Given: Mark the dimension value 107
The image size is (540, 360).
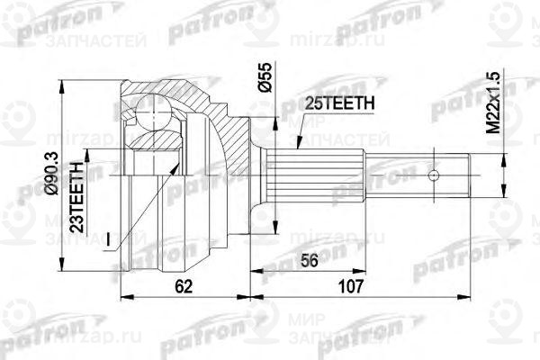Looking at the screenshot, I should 350,287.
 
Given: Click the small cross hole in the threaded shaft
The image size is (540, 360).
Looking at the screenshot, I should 433,175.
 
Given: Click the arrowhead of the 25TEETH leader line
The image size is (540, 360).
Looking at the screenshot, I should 298,148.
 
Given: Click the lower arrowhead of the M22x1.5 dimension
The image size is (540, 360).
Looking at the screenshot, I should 493,190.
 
